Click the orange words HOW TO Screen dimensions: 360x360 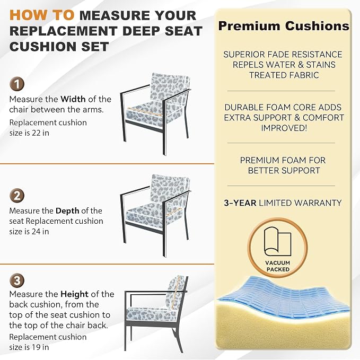42,15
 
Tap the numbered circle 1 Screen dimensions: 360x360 17,84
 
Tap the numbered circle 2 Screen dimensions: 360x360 17,196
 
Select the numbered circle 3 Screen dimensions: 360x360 17,280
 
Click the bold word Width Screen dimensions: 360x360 73,99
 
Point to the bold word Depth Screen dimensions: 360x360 67,211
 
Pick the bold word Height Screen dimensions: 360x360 74,294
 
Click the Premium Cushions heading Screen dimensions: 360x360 284,25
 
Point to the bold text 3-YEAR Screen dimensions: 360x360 240,203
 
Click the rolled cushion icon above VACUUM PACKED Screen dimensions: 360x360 278,241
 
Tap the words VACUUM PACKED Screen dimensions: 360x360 278,266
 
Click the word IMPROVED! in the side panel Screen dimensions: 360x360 284,128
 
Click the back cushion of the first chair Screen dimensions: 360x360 169,90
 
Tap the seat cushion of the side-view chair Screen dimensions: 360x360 151,314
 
